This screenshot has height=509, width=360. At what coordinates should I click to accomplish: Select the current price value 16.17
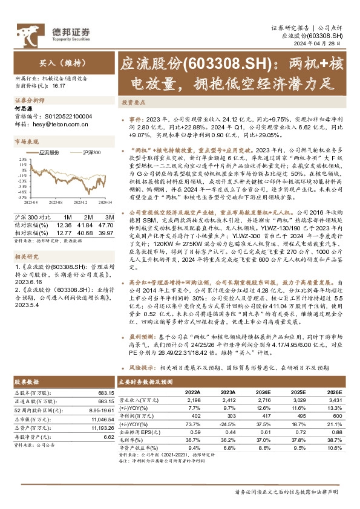coord(59,86)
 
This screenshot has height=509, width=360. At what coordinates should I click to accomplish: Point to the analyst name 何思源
coord(23,109)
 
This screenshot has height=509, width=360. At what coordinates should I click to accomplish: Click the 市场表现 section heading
coord(26,140)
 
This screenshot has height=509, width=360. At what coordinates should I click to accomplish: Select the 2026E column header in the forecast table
coord(334,392)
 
